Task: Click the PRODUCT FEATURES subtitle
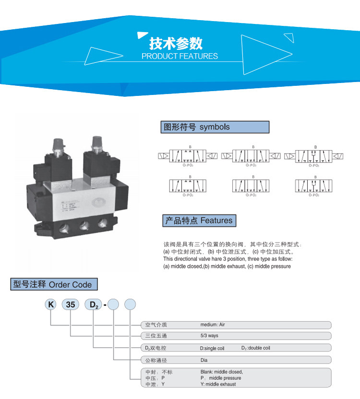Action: pyautogui.click(x=180, y=56)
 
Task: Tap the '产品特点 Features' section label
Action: pyautogui.click(x=199, y=221)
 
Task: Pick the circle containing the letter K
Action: pyautogui.click(x=50, y=304)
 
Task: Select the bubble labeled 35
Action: pyautogui.click(x=71, y=304)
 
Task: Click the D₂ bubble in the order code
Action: pyautogui.click(x=93, y=304)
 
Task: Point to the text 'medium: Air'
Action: pyautogui.click(x=213, y=325)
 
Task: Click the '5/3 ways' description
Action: pyautogui.click(x=209, y=336)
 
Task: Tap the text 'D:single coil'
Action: pyautogui.click(x=212, y=348)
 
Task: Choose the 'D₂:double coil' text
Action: pyautogui.click(x=259, y=348)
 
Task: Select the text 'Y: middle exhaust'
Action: pyautogui.click(x=218, y=384)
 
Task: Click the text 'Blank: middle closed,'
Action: pyautogui.click(x=222, y=372)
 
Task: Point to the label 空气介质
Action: pyautogui.click(x=156, y=325)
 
